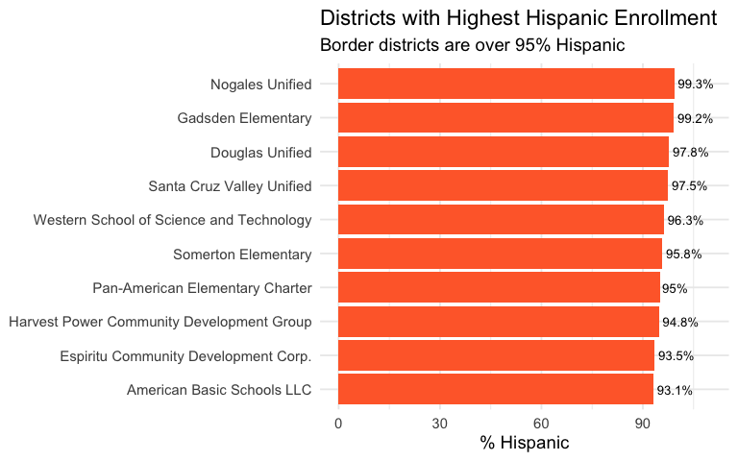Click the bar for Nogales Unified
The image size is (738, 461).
(x=505, y=85)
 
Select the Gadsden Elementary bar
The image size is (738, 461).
(x=505, y=118)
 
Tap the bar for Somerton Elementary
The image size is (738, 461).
(x=500, y=254)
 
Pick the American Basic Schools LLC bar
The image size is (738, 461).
(x=495, y=389)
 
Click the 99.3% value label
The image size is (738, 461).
(x=695, y=85)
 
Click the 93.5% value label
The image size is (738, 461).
(x=676, y=355)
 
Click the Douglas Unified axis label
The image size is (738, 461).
(x=260, y=153)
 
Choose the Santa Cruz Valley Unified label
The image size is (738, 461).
(x=230, y=186)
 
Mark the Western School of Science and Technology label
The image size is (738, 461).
(x=173, y=220)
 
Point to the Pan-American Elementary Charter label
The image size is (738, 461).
(x=202, y=288)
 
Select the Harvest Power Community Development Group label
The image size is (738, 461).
(x=160, y=322)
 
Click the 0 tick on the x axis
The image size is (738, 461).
(x=338, y=424)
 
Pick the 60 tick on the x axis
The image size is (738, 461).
(x=541, y=424)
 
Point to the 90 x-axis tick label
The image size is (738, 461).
(x=642, y=424)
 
